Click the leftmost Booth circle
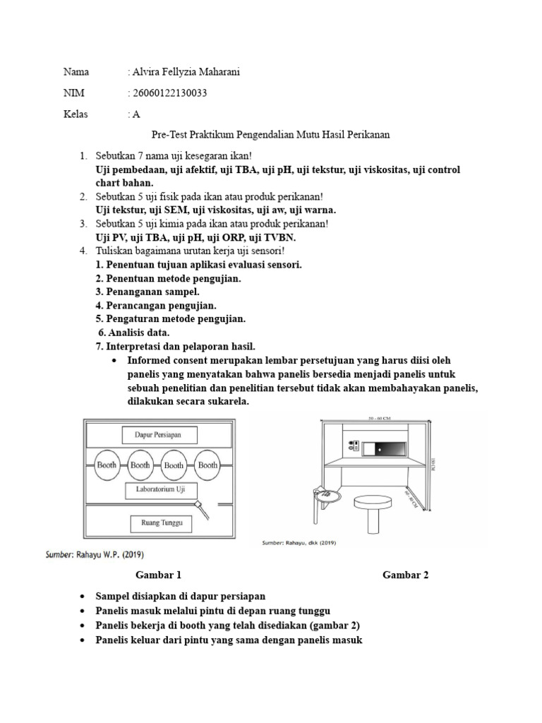click(107, 465)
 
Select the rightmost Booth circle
click(207, 465)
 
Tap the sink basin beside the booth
click(325, 496)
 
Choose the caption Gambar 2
click(405, 575)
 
